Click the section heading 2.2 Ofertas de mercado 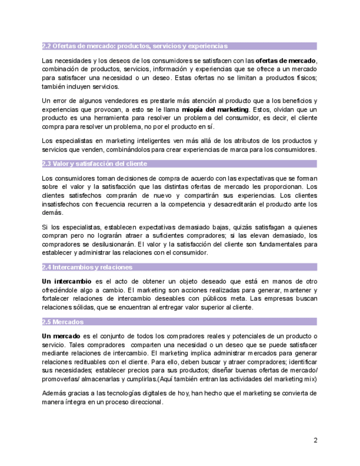pyautogui.click(x=135, y=46)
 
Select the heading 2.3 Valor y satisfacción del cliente pyautogui.click(x=95, y=164)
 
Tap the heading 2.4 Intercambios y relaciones pyautogui.click(x=87, y=267)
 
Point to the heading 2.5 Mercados pyautogui.click(x=63, y=321)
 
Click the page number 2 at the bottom pyautogui.click(x=315, y=440)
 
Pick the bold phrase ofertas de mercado pyautogui.click(x=286, y=60)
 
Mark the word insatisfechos pyautogui.click(x=64, y=204)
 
